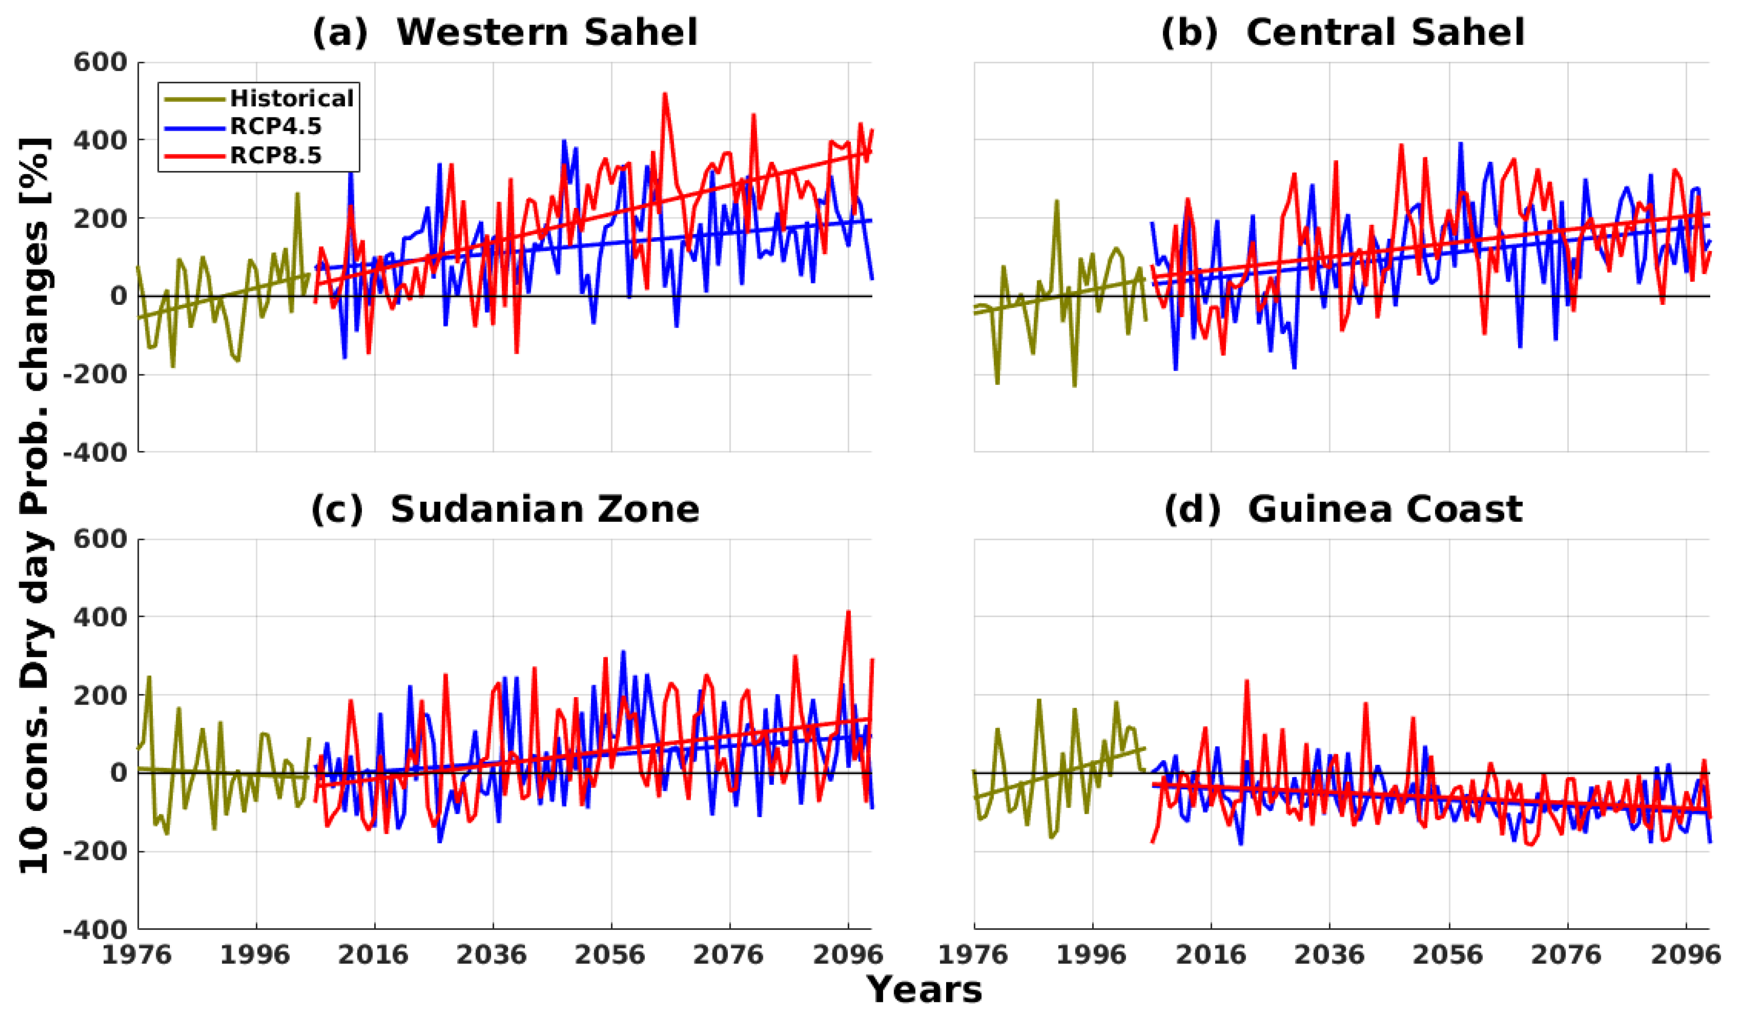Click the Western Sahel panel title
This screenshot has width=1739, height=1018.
coord(505,33)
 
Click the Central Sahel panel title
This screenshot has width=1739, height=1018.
coord(1342,33)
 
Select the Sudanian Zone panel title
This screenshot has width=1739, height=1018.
coord(505,509)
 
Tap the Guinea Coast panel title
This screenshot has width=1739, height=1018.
coord(1342,509)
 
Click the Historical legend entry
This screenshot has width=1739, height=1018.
coord(291,99)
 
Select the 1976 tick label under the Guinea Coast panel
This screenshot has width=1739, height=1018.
coord(974,955)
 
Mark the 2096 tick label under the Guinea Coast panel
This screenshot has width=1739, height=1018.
coord(1685,955)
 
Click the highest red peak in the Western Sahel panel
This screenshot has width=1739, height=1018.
coord(665,94)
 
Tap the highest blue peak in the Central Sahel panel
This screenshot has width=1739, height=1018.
coord(1460,144)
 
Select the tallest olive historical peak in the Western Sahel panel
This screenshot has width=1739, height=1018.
coord(298,194)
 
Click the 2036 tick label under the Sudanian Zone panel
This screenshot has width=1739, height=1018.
coord(492,955)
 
